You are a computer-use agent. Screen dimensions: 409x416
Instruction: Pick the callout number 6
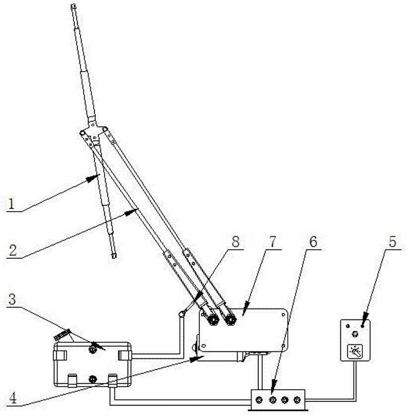click(312, 242)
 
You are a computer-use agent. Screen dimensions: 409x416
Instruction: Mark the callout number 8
click(236, 242)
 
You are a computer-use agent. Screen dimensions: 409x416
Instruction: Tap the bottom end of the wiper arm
click(114, 256)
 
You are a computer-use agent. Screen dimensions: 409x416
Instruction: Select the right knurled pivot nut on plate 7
click(230, 318)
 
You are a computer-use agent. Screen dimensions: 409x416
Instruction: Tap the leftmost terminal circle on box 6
click(259, 400)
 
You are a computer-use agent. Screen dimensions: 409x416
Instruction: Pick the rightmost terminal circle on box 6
click(297, 400)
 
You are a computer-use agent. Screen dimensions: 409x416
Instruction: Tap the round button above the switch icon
click(355, 333)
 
